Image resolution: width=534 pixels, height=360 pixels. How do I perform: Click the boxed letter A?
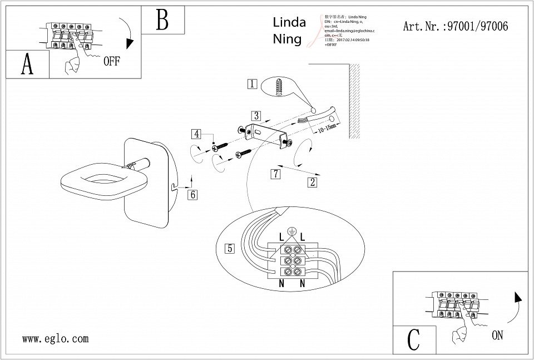click(27, 65)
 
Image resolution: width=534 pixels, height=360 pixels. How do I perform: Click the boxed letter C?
click(414, 339)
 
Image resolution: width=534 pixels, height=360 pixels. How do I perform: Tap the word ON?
click(497, 336)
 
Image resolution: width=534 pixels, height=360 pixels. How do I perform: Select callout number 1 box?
click(252, 84)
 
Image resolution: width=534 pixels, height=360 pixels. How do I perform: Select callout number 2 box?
click(313, 181)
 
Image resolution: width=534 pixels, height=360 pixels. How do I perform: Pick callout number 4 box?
click(196, 134)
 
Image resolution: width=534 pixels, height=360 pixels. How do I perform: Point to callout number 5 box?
click(230, 249)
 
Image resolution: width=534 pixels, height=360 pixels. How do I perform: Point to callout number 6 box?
click(192, 195)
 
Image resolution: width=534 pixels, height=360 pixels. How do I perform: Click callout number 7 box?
click(275, 174)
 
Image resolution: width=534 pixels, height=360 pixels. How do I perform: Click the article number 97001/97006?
click(454, 26)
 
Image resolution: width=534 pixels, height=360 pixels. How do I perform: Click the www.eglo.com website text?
click(56, 338)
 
